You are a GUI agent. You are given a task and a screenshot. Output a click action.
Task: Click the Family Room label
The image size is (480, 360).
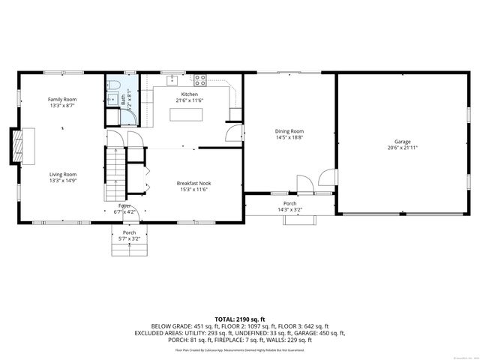63,99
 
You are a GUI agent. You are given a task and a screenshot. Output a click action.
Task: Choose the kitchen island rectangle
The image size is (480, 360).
187,115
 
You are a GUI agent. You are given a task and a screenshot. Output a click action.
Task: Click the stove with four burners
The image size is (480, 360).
200,78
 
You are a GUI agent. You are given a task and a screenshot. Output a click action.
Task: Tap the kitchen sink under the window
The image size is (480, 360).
170,77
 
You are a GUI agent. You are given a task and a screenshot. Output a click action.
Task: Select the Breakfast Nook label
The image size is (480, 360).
193,183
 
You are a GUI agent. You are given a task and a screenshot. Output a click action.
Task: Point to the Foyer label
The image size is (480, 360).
124,205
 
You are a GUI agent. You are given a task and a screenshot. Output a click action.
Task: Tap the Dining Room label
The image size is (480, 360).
289,131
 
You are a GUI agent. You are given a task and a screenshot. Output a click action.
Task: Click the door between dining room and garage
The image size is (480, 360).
326,177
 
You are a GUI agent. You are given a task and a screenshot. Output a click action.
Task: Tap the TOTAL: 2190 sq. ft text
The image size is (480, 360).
240,319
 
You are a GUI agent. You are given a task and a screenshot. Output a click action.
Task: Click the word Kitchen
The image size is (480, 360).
190,94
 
